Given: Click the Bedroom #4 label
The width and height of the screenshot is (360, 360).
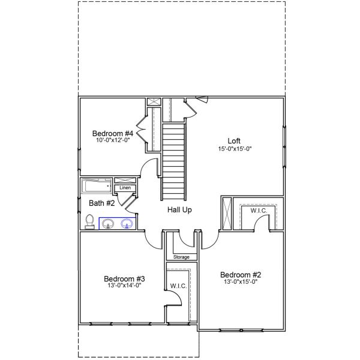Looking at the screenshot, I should tap(112, 133).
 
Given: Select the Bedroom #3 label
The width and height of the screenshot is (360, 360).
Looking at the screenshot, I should tap(124, 278).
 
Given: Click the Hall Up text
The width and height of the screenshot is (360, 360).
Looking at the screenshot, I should tap(179, 211).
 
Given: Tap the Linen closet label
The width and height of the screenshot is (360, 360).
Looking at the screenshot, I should tap(125, 188).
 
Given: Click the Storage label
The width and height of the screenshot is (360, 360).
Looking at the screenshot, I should tap(181, 257).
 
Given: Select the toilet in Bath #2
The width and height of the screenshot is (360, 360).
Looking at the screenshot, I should tap(89, 223).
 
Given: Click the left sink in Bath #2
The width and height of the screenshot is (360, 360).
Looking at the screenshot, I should tap(108, 224).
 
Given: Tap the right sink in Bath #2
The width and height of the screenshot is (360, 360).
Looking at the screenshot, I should tap(127, 224).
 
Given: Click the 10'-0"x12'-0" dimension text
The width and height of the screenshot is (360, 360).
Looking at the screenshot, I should tap(112, 140).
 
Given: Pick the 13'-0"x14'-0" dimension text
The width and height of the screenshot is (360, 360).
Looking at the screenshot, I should tap(124, 286).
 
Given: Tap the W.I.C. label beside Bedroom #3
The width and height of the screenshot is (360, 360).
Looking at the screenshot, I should tap(178, 286).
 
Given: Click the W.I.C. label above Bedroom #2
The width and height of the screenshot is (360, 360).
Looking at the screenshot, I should tap(259, 211).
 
